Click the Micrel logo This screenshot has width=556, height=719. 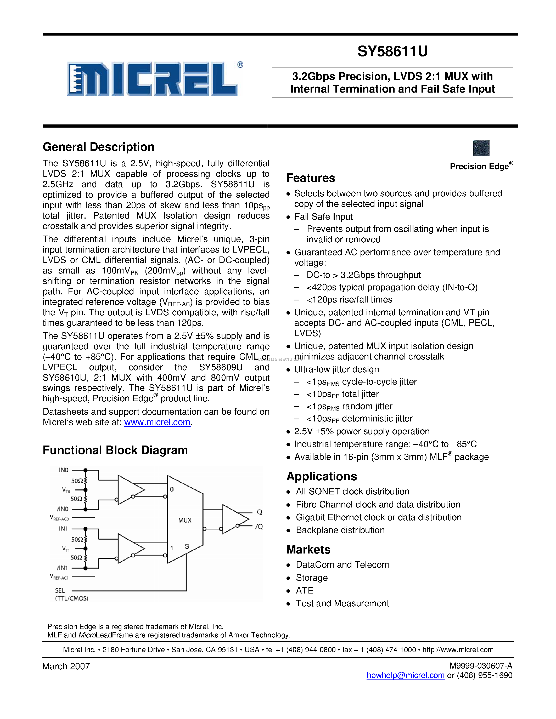click(152, 79)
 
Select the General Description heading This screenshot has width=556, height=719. click(98, 147)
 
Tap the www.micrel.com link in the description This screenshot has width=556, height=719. click(157, 422)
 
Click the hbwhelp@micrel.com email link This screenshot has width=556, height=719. click(406, 675)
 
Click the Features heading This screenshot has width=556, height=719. click(310, 178)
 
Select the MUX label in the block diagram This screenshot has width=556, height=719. click(185, 520)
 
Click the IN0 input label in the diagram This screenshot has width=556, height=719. click(63, 470)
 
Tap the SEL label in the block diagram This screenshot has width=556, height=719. click(60, 591)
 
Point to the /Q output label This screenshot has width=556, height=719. click(259, 527)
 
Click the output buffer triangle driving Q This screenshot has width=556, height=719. click(234, 519)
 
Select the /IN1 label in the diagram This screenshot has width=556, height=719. click(62, 568)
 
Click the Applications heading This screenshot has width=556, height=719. click(322, 476)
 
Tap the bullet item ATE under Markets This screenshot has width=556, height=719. click(304, 591)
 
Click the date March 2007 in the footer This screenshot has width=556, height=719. click(66, 666)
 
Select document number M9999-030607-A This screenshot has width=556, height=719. click(481, 666)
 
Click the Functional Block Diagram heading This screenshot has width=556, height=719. click(115, 450)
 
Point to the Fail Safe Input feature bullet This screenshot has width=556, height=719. click(323, 217)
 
